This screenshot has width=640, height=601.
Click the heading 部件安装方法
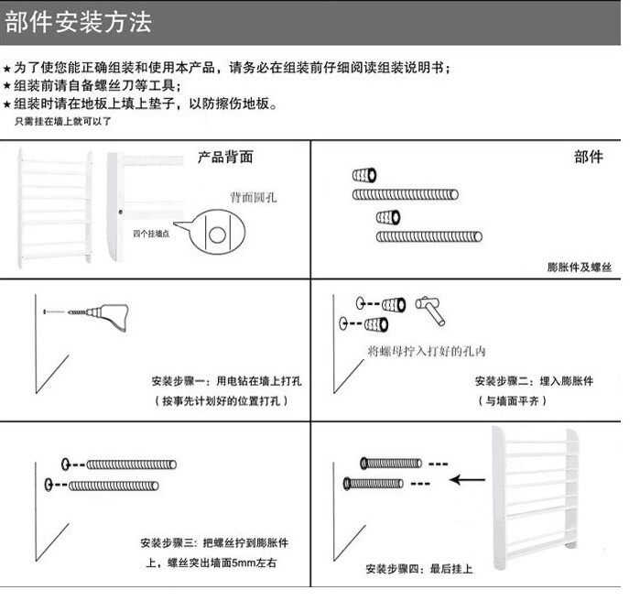[79, 23]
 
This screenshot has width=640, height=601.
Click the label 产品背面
[225, 157]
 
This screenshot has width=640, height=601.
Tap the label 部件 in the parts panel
[588, 158]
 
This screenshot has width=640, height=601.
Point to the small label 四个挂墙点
[153, 233]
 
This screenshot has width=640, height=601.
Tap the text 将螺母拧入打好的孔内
[426, 351]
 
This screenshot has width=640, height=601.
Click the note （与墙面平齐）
[512, 401]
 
